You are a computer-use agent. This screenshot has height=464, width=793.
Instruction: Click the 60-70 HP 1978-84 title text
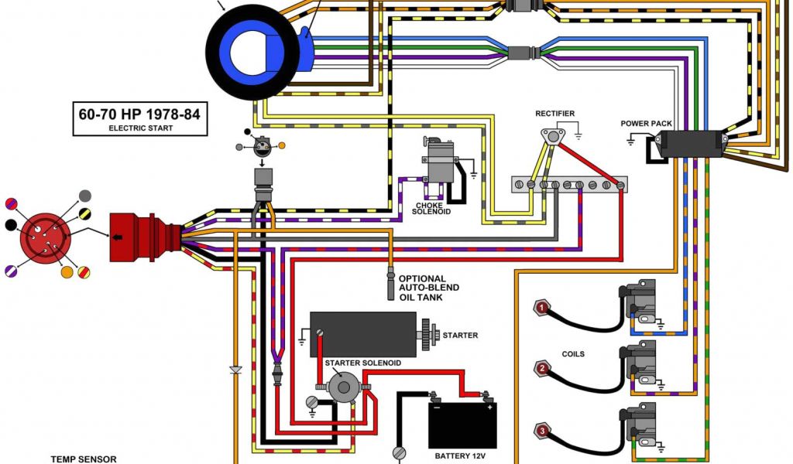[x=139, y=114]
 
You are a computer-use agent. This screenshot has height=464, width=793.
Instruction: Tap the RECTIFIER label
[x=555, y=114]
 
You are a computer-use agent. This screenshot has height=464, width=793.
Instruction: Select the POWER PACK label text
[x=646, y=124]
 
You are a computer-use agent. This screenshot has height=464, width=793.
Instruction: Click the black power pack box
[x=692, y=145]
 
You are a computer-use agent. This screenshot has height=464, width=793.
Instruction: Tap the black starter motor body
[x=363, y=334]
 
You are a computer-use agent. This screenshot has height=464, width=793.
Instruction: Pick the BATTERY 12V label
[x=462, y=456]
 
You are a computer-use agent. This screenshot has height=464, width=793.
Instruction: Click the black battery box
[x=462, y=425]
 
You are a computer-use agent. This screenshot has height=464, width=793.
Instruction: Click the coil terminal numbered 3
[x=543, y=431]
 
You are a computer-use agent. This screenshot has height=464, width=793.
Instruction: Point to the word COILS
[x=573, y=354]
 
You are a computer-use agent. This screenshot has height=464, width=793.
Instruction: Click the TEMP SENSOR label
[x=84, y=459]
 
